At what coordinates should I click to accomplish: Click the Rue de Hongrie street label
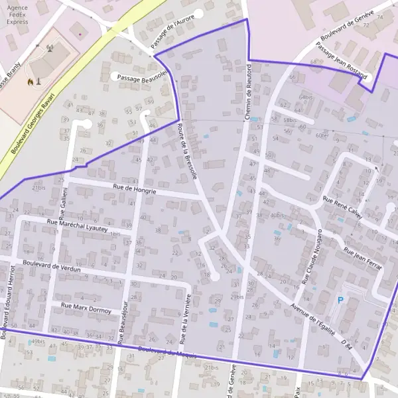(134, 190)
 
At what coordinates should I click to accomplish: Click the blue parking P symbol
(340, 300)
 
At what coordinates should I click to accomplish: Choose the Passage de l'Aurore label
(172, 30)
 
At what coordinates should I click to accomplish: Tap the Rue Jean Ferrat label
(363, 257)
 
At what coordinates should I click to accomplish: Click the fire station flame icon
(29, 82)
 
